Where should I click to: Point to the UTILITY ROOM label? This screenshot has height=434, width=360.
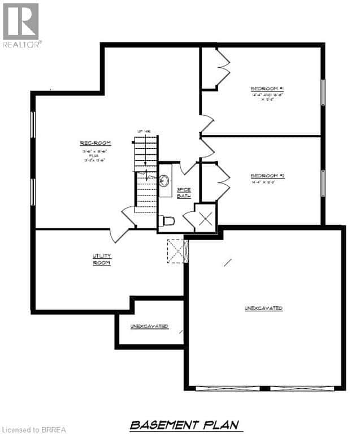click(102, 259)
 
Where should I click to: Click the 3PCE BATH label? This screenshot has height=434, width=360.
click(184, 193)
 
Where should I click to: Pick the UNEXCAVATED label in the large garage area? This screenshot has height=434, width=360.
click(263, 308)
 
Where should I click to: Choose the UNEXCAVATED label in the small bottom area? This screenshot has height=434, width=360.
click(149, 326)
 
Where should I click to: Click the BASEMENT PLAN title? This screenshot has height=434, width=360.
click(184, 424)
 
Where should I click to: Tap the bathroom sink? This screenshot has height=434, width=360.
click(164, 181)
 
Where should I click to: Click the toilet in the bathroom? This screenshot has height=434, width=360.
click(168, 221)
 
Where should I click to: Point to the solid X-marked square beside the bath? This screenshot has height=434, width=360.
click(204, 217)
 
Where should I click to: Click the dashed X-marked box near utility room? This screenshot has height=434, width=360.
click(177, 250)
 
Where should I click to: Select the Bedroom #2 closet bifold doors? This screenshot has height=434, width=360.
click(222, 182)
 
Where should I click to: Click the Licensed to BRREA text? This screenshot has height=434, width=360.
click(34, 429)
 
